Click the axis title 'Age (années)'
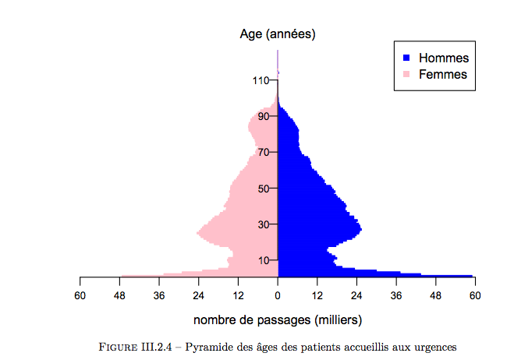(x=278, y=34)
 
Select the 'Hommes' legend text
(x=443, y=58)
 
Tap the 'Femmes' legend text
(x=443, y=75)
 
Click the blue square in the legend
(x=406, y=58)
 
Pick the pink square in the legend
(x=406, y=75)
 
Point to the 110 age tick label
(x=260, y=80)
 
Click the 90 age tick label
(x=263, y=116)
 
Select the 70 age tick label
(x=263, y=152)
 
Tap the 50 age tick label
(x=263, y=188)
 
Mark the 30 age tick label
(x=263, y=224)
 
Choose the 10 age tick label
(x=263, y=260)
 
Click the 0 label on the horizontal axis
(x=278, y=295)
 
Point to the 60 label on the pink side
(x=80, y=295)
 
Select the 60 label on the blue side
(x=474, y=295)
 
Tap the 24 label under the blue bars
(x=356, y=295)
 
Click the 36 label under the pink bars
(x=159, y=295)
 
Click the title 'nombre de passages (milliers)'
(x=278, y=320)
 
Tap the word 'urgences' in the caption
(x=433, y=346)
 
